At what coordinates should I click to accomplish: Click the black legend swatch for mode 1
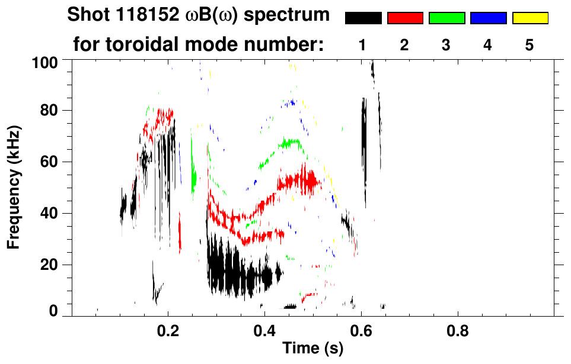(363, 18)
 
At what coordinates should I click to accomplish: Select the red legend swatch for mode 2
(405, 18)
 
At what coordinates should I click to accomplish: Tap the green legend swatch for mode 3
(446, 18)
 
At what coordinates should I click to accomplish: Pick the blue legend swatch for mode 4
(488, 18)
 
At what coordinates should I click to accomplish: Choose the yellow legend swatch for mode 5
(529, 18)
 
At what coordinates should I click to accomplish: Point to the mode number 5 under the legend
(529, 46)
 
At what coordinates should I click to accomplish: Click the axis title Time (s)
(312, 349)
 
